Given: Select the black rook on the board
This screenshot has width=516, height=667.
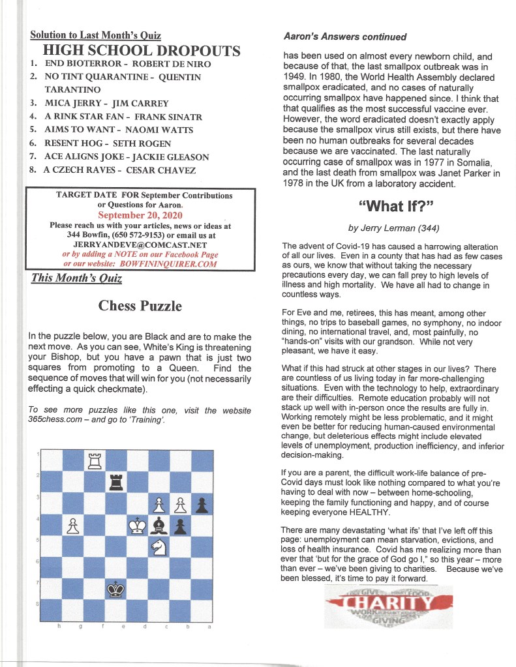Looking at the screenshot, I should [x=116, y=482].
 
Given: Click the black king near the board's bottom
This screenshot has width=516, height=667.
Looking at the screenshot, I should [x=116, y=589].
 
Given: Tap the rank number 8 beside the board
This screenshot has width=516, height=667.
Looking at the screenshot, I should [x=38, y=602].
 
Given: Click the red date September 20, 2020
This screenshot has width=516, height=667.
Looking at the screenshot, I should [x=141, y=215].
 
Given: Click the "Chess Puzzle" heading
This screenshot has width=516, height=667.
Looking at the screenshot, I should [x=140, y=305].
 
